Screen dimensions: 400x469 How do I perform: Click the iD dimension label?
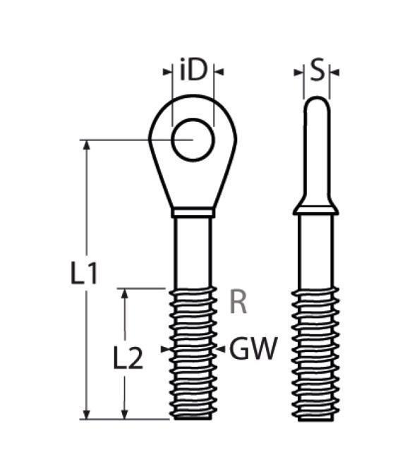coord(193,71)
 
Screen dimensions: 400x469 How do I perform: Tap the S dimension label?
coord(317,71)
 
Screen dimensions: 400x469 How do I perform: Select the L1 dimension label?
coord(84,272)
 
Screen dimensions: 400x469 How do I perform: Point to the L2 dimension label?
coord(128,357)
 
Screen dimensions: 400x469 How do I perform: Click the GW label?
coord(253,348)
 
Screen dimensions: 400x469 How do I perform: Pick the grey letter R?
coord(238,303)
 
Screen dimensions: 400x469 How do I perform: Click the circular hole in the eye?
coord(193,140)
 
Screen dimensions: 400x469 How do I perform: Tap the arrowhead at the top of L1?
coord(87,145)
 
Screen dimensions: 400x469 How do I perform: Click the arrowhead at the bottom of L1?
coord(87,415)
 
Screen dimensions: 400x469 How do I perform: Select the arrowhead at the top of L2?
coord(125,293)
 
